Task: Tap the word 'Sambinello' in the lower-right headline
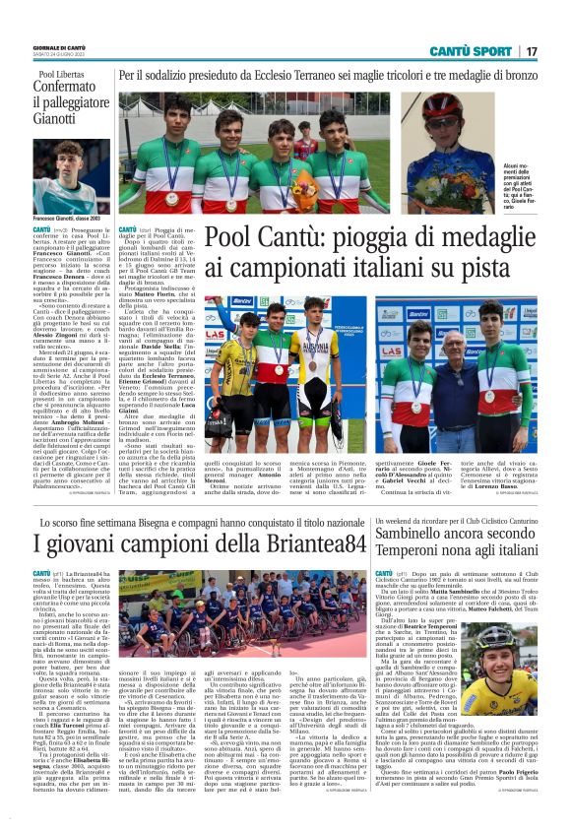(x=428, y=531)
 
